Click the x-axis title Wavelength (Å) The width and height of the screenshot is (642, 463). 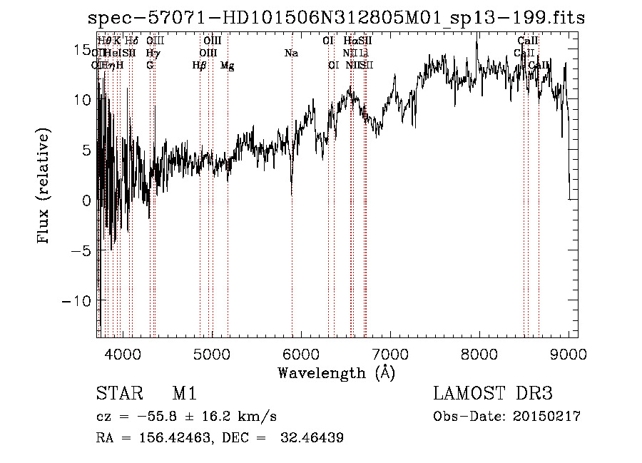[337, 372]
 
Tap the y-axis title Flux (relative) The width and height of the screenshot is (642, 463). [44, 187]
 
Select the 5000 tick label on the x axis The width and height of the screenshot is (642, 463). [212, 354]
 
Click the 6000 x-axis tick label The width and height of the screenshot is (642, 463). [301, 354]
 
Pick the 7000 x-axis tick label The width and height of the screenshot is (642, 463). [390, 354]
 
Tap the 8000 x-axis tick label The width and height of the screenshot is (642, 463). [479, 354]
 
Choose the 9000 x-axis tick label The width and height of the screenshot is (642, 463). [569, 354]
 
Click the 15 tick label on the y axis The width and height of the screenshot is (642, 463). [83, 50]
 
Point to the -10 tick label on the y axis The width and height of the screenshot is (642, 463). [77, 301]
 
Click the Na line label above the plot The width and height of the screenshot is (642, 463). [291, 53]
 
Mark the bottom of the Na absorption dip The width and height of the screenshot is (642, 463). [291, 194]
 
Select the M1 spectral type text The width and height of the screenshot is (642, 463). [185, 395]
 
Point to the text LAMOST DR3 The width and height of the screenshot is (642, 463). [493, 395]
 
